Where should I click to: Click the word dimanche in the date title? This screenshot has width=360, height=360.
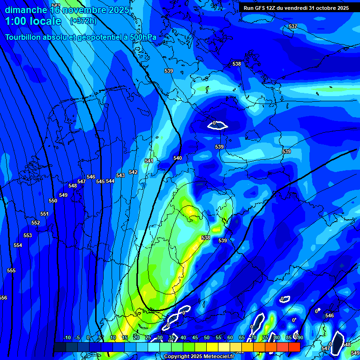pyautogui.click(x=26, y=10)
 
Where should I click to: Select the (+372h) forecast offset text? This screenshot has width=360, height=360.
pyautogui.click(x=83, y=21)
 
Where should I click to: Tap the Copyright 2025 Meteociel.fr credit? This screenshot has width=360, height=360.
pyautogui.click(x=199, y=356)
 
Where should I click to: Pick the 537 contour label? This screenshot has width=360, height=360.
pyautogui.click(x=293, y=26)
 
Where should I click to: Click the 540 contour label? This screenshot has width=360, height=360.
pyautogui.click(x=178, y=158)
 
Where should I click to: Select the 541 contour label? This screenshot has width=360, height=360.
pyautogui.click(x=149, y=161)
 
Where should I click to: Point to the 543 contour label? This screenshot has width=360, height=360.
pyautogui.click(x=120, y=175)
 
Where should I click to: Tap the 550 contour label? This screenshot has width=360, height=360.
pyautogui.click(x=53, y=201)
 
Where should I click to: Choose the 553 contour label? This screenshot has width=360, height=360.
pyautogui.click(x=28, y=235)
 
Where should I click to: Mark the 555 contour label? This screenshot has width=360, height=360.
pyautogui.click(x=11, y=270)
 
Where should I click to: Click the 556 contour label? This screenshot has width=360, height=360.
pyautogui.click(x=3, y=298)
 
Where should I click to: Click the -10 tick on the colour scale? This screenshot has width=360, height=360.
pyautogui.click(x=67, y=337)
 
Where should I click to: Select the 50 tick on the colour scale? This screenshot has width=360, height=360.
pyautogui.click(x=207, y=337)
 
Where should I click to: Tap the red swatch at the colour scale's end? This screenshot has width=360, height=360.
pyautogui.click(x=294, y=347)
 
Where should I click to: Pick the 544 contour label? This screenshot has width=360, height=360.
pyautogui.click(x=110, y=181)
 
